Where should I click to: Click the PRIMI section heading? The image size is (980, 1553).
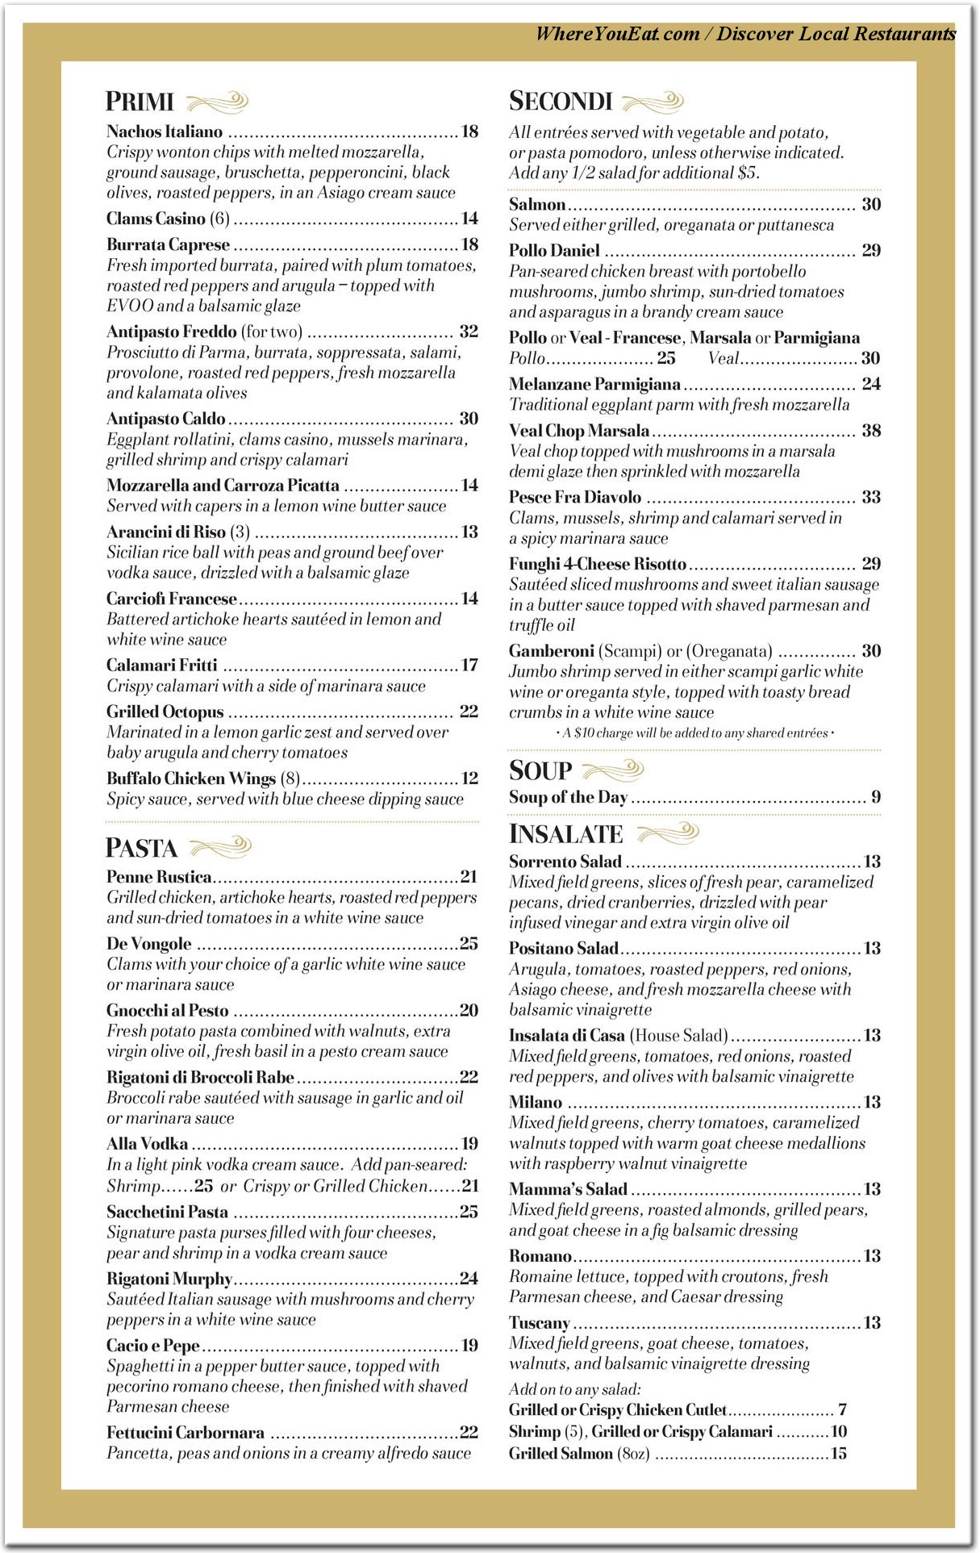coord(140,102)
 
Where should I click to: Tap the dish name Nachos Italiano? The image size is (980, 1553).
coord(165,132)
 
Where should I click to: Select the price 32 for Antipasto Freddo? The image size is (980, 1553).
coord(469,332)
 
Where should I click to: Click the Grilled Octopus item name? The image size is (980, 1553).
coord(165,712)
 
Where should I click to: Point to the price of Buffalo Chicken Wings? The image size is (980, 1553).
coord(469,779)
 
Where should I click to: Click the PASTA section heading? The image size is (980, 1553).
coord(141,848)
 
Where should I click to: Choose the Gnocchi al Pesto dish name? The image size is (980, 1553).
coord(168,1010)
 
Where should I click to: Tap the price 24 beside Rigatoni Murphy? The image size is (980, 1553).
coord(469,1278)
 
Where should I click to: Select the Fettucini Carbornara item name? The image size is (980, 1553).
coord(186,1432)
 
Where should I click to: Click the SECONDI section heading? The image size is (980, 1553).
coord(561,101)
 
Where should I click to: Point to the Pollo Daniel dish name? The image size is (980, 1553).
coord(554,250)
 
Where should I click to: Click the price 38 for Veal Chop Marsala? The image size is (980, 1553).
coord(871,430)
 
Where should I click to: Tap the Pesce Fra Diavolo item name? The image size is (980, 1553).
coord(575,497)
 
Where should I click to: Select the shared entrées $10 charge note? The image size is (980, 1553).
coord(694,733)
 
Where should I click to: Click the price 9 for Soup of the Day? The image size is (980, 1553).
coord(876,797)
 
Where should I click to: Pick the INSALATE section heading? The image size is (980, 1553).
coord(566,834)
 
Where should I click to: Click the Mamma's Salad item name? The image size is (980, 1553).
coord(568,1188)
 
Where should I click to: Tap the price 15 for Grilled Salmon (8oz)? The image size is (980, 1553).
coord(839,1453)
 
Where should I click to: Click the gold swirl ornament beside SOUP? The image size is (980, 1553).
coord(613,770)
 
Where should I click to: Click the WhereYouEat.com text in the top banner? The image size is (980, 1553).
coord(618,34)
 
